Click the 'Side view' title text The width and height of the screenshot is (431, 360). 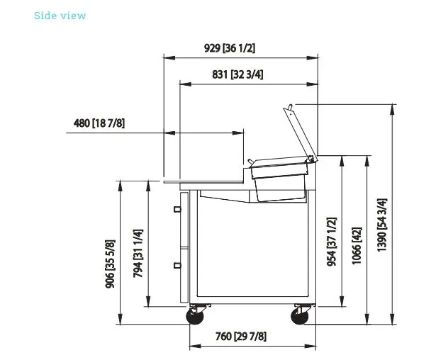pyautogui.click(x=60, y=16)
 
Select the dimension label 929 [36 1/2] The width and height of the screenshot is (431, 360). pyautogui.click(x=230, y=48)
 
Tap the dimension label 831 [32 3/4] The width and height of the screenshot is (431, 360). pyautogui.click(x=237, y=74)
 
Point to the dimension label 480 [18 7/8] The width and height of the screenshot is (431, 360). pyautogui.click(x=99, y=123)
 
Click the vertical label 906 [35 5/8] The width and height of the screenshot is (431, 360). pyautogui.click(x=110, y=264)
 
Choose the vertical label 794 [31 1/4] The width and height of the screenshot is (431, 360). pyautogui.click(x=138, y=254)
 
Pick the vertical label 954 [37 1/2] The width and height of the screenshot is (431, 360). pyautogui.click(x=332, y=242)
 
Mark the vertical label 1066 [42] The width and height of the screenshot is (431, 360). pyautogui.click(x=357, y=246)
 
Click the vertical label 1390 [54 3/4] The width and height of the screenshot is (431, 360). pyautogui.click(x=382, y=225)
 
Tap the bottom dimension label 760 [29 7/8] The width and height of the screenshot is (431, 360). pyautogui.click(x=241, y=336)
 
